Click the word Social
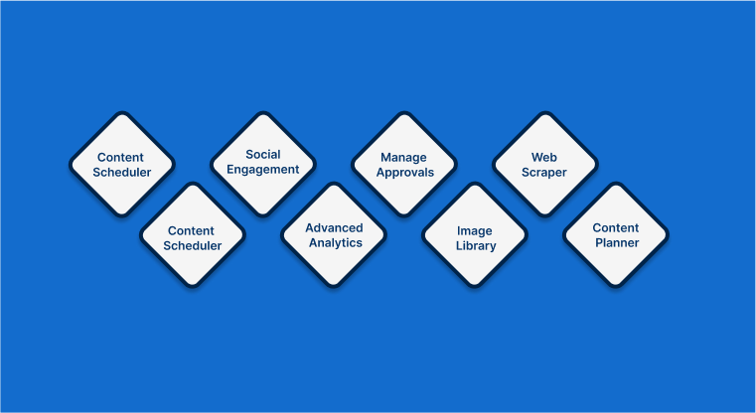coord(263,155)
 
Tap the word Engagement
coord(263,170)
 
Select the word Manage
coord(403,157)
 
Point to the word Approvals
coord(404,172)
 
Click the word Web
coord(543,157)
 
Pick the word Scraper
coord(544,172)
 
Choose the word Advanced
coord(335,227)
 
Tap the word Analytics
coord(335,242)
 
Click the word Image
coord(475,230)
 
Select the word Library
coord(476,245)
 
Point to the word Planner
coord(616,242)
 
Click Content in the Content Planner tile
coord(616,227)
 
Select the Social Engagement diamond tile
coord(263,163)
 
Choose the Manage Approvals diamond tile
coord(404,164)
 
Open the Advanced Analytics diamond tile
coord(335,235)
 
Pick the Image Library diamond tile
coord(475,237)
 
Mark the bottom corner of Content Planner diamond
coord(616,286)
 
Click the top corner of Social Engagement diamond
coord(263,112)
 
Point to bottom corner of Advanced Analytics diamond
coord(335,286)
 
